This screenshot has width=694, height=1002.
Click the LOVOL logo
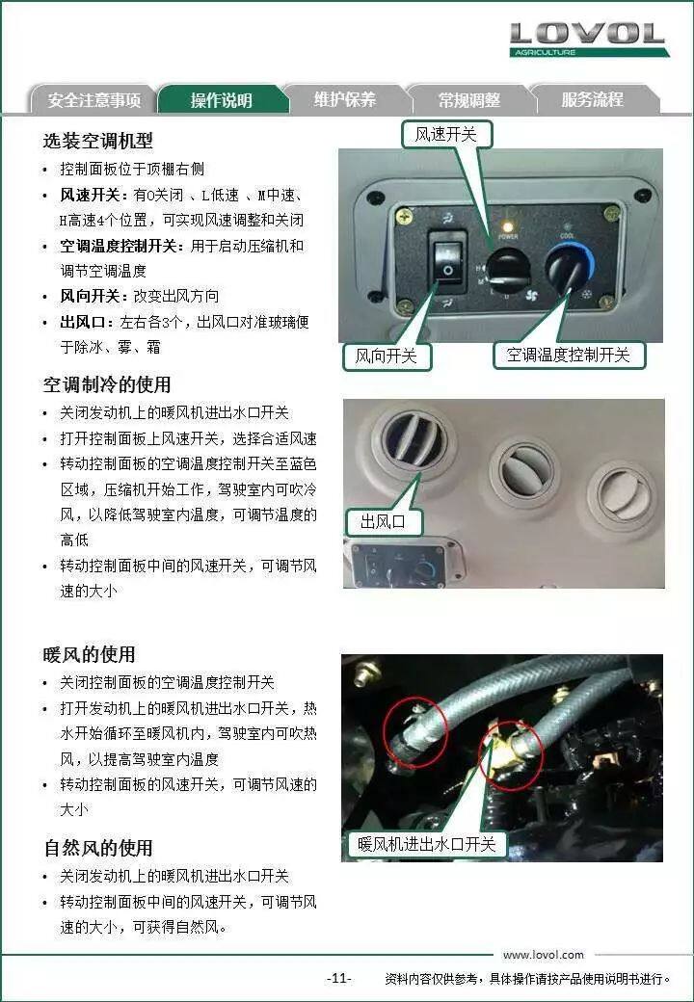coord(588,40)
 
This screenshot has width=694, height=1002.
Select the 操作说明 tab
coord(221,99)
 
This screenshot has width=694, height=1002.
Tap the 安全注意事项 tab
coord(93,99)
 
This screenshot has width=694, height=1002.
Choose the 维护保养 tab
coord(345,99)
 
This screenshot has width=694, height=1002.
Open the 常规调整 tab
coord(469,99)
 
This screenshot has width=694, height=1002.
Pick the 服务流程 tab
coord(593,99)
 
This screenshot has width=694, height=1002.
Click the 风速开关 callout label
coord(446,134)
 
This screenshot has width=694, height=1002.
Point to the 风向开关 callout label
coord(386,356)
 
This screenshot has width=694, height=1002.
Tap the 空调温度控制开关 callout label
coord(568,355)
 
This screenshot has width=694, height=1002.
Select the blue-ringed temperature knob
coord(568,267)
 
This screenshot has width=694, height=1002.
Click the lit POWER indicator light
coord(508,226)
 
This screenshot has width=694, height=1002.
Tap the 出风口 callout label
coord(384,521)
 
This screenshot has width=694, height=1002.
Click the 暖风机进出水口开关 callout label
coord(427,844)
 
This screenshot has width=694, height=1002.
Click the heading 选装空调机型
coord(97,141)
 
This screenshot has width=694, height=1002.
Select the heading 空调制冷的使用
coord(107,384)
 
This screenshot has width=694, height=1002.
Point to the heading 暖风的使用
coord(89,654)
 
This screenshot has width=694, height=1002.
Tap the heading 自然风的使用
coord(97,848)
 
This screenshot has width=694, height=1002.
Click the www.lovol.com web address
coord(544,955)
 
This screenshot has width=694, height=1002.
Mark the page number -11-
coord(338,978)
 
